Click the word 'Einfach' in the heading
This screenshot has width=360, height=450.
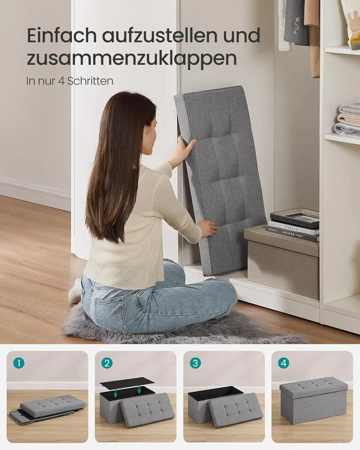pos(61,35)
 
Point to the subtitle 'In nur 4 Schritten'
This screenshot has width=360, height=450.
pos(70,81)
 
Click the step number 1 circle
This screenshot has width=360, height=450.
pos(19,363)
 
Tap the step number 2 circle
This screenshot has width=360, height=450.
pos(107,363)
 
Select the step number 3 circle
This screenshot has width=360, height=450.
pos(195,363)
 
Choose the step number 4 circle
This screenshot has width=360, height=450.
pos(283,363)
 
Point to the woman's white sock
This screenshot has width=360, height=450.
pos(75,291)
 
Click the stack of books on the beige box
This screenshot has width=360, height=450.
pos(294,224)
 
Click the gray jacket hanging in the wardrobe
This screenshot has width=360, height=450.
pos(296,22)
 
